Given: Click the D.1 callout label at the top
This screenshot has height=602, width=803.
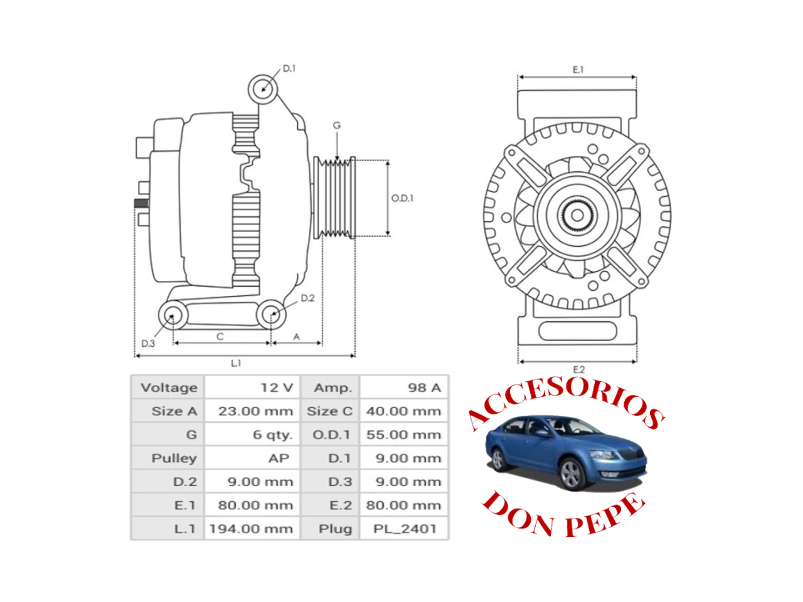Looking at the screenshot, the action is (289, 69).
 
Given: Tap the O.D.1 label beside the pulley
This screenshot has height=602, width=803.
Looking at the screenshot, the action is (402, 199).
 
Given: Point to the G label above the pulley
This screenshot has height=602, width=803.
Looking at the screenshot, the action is (336, 125).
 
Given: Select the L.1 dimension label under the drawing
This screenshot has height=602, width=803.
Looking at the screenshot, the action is (236, 363).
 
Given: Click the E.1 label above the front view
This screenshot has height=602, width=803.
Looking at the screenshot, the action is (578, 70).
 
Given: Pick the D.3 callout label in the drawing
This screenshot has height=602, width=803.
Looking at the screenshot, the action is (148, 344).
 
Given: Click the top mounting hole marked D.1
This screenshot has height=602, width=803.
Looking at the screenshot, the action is (263, 89).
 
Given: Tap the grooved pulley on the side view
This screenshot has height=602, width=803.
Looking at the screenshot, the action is (334, 198).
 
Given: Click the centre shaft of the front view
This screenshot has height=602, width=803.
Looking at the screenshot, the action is (577, 216).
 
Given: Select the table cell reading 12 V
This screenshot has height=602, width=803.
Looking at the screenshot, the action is (277, 388).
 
